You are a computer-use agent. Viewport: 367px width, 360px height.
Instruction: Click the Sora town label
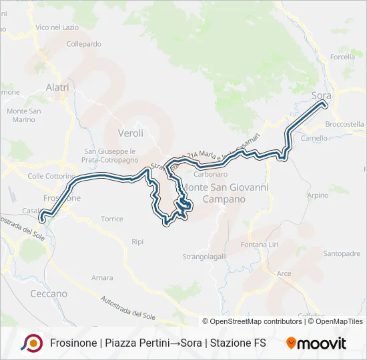(x=322, y=96)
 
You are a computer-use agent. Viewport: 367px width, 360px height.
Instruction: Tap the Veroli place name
(x=130, y=133)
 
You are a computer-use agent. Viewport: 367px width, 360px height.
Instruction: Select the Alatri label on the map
(x=57, y=87)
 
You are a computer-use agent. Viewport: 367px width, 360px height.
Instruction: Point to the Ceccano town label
(x=49, y=293)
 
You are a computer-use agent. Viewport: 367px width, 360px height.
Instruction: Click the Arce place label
(x=284, y=273)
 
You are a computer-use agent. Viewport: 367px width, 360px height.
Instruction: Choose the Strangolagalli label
(x=205, y=256)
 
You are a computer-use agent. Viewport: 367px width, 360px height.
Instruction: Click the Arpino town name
(x=318, y=195)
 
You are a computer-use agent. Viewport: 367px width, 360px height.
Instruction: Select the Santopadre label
(x=342, y=253)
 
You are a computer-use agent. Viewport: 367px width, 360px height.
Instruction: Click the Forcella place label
(x=342, y=57)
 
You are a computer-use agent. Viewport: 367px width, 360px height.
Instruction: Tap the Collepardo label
(x=84, y=44)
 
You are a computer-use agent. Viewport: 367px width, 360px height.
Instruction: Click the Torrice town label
(x=111, y=219)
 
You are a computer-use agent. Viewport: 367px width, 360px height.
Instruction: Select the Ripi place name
(x=138, y=241)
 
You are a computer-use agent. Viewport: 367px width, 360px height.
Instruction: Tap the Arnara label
(x=102, y=277)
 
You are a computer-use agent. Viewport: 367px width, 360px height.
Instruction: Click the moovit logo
(x=316, y=343)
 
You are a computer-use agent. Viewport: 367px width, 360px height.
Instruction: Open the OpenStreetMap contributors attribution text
(x=252, y=321)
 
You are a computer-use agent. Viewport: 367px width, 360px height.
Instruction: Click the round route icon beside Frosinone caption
(x=31, y=343)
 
